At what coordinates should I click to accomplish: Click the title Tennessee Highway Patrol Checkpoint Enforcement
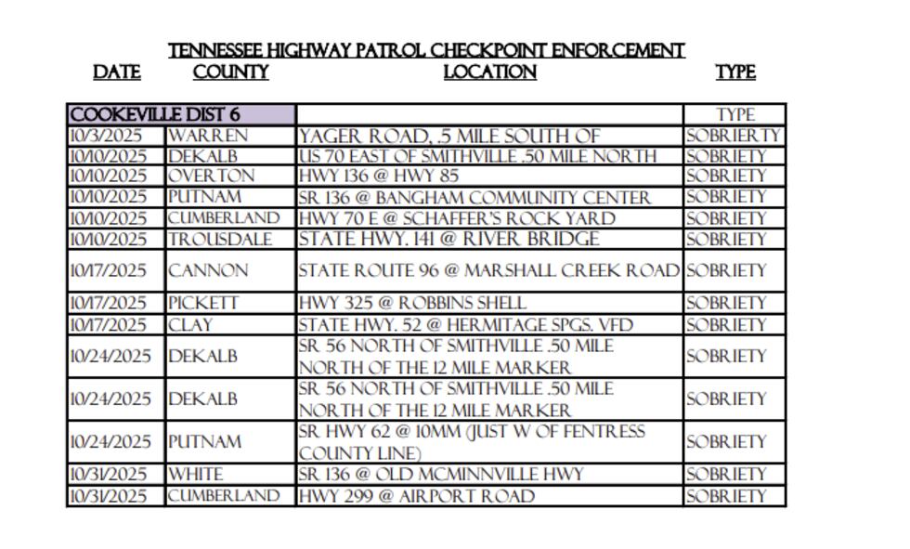(x=426, y=50)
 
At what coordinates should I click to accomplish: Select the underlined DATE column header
(x=117, y=72)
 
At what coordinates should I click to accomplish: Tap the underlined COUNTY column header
(x=230, y=72)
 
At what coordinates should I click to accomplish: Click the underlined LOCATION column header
(x=489, y=72)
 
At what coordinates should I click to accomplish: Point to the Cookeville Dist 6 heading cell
(x=155, y=114)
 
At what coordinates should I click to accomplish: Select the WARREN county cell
(x=208, y=136)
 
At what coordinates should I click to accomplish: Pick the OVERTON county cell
(x=211, y=176)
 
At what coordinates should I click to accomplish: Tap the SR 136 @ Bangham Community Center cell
(x=474, y=197)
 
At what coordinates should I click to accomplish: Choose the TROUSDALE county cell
(x=220, y=240)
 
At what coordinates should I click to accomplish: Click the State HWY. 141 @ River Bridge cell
(x=448, y=239)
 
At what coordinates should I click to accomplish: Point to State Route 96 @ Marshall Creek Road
(x=488, y=271)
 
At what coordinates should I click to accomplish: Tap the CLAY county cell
(x=190, y=325)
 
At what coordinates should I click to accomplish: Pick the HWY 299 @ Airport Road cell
(x=416, y=496)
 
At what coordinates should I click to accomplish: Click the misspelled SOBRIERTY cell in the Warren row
(x=734, y=136)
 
